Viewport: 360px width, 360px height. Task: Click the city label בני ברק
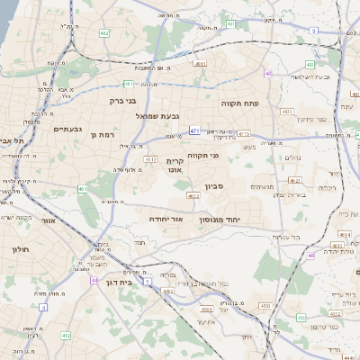point(122,101)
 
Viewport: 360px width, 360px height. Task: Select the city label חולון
point(21,248)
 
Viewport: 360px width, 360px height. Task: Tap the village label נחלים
point(292,157)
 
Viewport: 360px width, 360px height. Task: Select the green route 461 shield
point(82,189)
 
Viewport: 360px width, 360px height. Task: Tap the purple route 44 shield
point(94,280)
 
